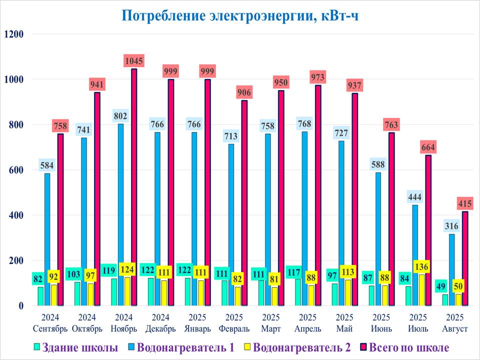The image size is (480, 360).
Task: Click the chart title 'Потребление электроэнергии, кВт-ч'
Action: tap(240, 15)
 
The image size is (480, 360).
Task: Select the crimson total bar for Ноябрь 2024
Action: tap(134, 187)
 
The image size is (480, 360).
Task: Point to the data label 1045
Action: tap(134, 61)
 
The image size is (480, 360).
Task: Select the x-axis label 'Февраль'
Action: tap(234, 328)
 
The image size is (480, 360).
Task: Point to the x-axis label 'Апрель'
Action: tap(307, 328)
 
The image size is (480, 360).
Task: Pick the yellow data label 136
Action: tap(421, 266)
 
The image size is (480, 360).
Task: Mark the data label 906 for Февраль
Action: tap(244, 92)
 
